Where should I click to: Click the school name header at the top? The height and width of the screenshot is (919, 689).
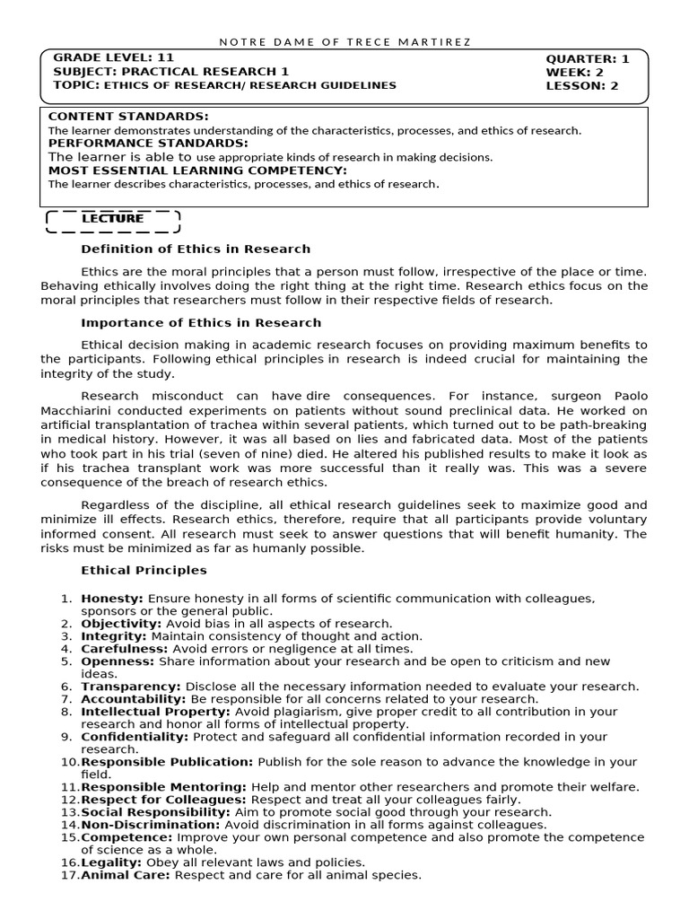point(344,42)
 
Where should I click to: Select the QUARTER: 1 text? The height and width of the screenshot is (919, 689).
point(588,59)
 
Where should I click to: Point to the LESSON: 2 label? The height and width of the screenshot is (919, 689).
point(582,86)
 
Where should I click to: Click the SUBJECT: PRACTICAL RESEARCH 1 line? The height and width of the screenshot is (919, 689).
point(171,71)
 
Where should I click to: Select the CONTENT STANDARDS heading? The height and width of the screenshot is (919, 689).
point(128,117)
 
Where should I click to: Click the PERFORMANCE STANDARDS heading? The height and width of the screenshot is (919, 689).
point(148,143)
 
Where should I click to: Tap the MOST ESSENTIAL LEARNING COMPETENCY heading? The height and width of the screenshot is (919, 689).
point(197,170)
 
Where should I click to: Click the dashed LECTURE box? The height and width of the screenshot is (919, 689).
point(112,219)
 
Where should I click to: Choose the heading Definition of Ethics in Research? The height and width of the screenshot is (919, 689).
point(196,249)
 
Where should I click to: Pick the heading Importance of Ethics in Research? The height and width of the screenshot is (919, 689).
point(201,322)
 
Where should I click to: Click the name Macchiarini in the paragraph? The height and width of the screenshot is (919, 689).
point(77,410)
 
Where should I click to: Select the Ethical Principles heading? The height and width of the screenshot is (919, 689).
point(144,570)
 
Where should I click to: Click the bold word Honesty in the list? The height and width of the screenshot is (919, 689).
point(111,598)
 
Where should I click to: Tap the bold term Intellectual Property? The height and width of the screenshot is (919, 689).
point(142,711)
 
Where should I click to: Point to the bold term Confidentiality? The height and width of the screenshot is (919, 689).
point(134,737)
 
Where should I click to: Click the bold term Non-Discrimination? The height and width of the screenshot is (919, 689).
point(150,825)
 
